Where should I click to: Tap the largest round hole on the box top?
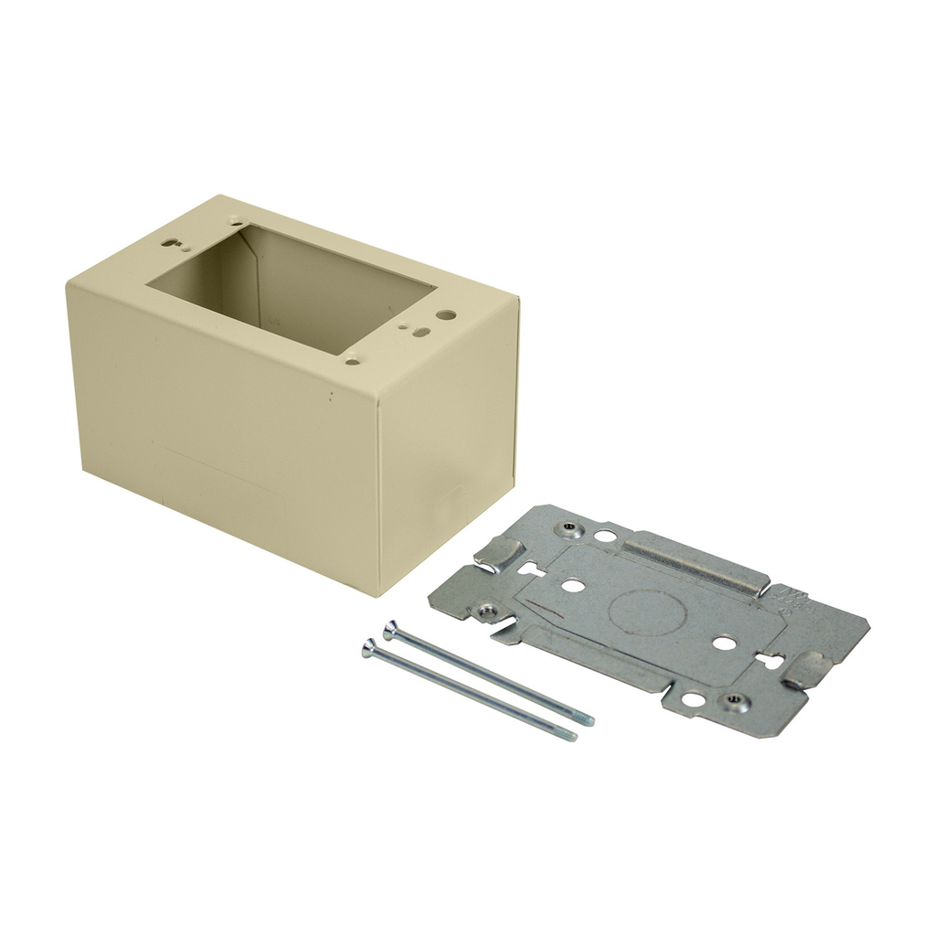pos(446,314)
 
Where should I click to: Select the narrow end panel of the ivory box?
pos(448,439)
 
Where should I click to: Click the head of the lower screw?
pos(368,648)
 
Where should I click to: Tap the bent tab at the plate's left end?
pos(501,553)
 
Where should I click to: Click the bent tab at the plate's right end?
pos(807,670)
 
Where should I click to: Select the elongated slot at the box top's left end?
pos(171,243)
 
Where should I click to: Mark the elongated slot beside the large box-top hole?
pos(420,332)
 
